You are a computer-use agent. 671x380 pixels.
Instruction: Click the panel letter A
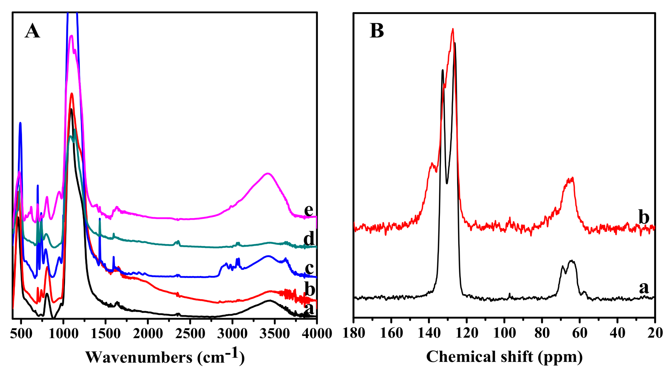click(x=32, y=31)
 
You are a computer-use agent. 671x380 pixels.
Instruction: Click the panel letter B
click(x=377, y=31)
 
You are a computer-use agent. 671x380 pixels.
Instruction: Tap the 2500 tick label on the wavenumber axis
click(x=190, y=333)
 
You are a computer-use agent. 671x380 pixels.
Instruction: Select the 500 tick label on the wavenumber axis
click(x=21, y=333)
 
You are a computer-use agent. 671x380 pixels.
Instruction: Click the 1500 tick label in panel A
click(x=105, y=333)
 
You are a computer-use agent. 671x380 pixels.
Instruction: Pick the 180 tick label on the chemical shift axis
click(x=354, y=333)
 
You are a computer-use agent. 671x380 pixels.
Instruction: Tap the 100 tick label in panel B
click(x=504, y=333)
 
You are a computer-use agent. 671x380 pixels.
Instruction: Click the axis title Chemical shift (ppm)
click(x=504, y=357)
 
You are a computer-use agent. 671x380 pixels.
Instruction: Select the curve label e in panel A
click(x=309, y=210)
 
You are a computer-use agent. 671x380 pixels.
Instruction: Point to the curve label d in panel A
click(x=309, y=238)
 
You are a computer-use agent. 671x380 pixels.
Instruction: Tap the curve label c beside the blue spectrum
click(x=309, y=268)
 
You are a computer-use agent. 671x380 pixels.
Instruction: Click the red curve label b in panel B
click(x=644, y=217)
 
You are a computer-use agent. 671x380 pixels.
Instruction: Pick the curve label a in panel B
click(x=644, y=288)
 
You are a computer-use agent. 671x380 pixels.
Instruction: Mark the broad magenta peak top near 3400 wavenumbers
click(x=268, y=173)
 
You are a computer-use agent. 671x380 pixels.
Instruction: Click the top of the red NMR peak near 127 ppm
click(x=453, y=29)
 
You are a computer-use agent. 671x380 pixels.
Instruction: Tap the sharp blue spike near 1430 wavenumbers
click(x=100, y=219)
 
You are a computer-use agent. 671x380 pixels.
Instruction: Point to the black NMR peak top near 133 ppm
click(x=442, y=70)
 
